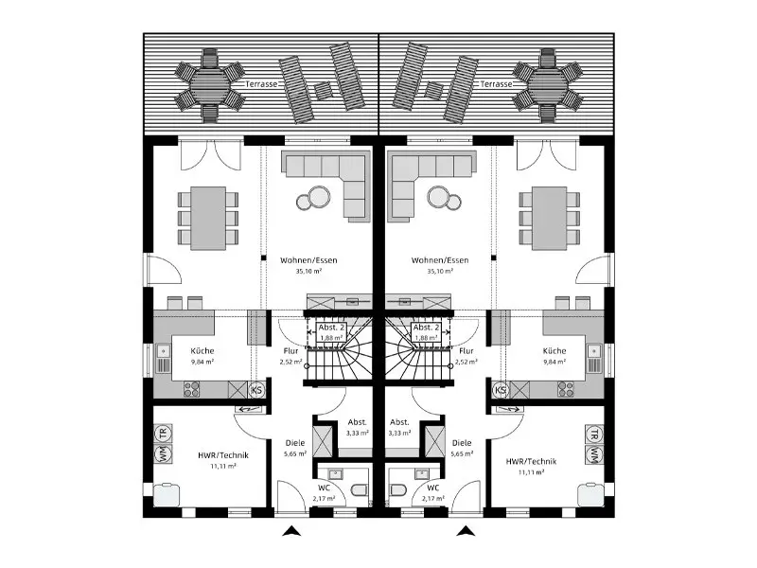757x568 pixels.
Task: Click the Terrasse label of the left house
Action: coord(260,84)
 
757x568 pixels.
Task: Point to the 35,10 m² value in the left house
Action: coord(309,270)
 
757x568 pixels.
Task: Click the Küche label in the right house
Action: coord(555,349)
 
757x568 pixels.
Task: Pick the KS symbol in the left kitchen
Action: coord(255,389)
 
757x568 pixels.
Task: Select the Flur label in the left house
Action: coord(290,349)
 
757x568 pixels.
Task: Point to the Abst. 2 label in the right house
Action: coord(425,328)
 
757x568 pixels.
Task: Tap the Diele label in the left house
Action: coord(294,442)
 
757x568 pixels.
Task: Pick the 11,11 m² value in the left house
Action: coord(221,467)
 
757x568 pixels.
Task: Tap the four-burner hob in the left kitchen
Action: coord(193,388)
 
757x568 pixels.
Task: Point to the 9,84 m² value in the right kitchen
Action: coord(555,361)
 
